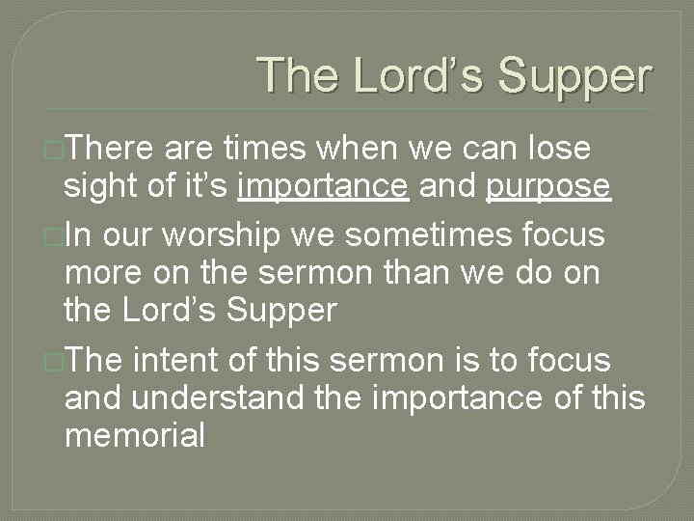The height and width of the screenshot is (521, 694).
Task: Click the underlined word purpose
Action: point(548,186)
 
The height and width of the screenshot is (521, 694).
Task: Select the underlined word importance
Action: point(323,186)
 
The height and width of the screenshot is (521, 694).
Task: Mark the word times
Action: point(266,150)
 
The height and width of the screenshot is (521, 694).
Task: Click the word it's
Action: point(200,186)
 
